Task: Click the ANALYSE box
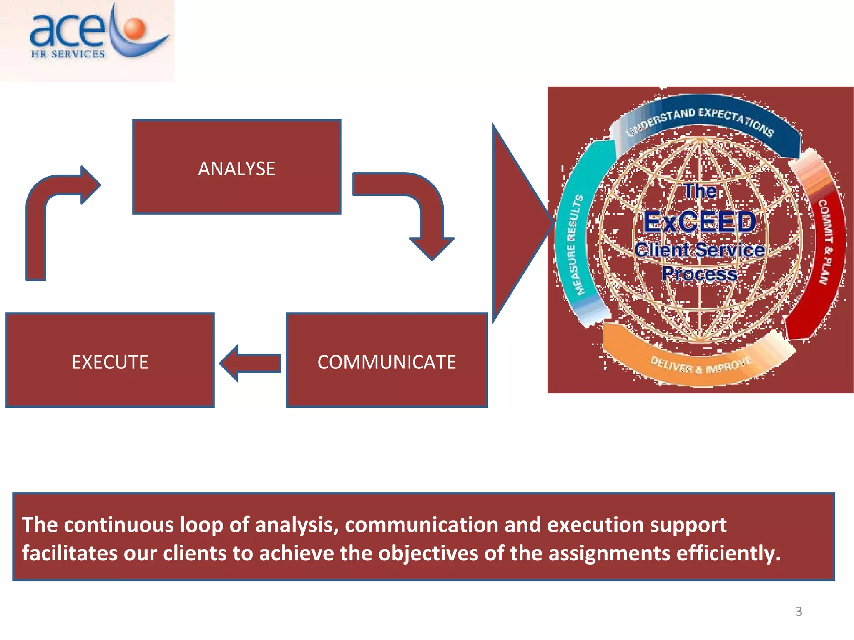[236, 167]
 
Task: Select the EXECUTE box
[110, 360]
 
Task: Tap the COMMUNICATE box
[387, 360]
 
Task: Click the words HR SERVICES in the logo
[68, 54]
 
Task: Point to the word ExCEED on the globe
[700, 222]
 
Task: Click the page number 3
[799, 611]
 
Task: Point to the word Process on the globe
[699, 274]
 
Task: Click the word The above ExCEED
[701, 191]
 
